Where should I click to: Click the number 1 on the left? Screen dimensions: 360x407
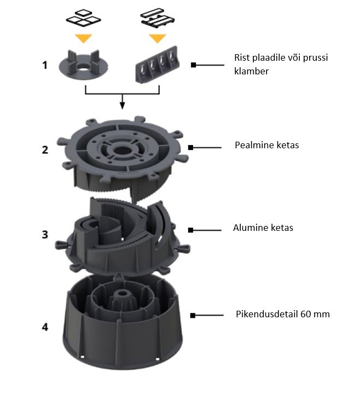click(45, 65)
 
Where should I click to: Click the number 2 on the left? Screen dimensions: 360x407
click(45, 150)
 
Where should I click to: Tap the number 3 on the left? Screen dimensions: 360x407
click(45, 234)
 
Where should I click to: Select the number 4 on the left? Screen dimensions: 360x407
click(45, 327)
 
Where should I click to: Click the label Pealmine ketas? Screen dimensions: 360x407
click(267, 145)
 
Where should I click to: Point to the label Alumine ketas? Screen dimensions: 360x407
click(263, 228)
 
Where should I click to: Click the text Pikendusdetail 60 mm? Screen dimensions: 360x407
click(283, 314)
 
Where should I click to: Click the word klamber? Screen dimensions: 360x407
click(251, 71)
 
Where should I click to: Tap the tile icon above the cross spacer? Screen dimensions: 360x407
click(83, 18)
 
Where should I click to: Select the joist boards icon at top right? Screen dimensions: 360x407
click(158, 18)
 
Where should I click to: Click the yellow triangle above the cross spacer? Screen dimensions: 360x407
click(84, 38)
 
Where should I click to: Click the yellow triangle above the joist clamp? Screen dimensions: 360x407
click(158, 38)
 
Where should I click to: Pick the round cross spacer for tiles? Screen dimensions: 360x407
click(84, 65)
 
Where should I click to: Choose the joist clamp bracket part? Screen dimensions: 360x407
click(157, 65)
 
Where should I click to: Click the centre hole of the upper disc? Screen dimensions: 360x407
click(121, 150)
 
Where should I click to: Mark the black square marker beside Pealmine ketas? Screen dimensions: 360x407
click(191, 148)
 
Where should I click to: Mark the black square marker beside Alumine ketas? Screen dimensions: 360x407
click(191, 230)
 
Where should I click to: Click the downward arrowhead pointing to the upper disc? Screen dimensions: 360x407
click(122, 106)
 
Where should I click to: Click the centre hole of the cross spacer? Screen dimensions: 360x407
click(83, 69)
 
